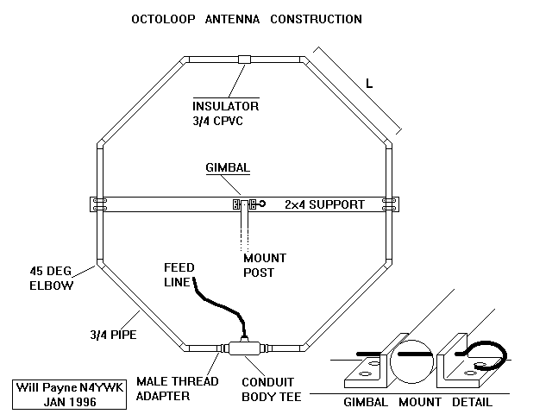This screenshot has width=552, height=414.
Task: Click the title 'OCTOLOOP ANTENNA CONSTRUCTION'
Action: (x=246, y=19)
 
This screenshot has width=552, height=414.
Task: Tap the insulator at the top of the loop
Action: (x=246, y=60)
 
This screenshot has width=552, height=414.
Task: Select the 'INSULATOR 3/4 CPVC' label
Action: (x=225, y=113)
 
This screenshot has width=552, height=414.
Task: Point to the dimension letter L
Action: (x=369, y=85)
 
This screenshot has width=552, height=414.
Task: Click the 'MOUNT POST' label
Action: (x=265, y=265)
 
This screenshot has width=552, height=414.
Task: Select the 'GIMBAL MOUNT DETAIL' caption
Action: (x=417, y=402)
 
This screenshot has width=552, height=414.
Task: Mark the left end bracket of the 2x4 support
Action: (x=100, y=204)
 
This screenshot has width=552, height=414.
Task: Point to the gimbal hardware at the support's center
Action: (x=246, y=204)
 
